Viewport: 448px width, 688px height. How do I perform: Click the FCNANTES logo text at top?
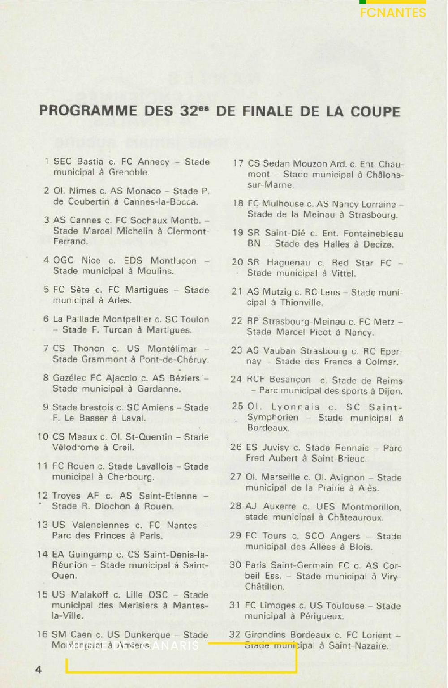pos(393,13)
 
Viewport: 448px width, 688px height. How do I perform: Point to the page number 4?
pos(39,669)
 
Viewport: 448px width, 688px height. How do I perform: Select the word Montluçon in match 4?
pos(173,261)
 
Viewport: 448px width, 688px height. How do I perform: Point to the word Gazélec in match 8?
pos(70,378)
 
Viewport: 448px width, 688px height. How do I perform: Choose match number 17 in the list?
pos(237,164)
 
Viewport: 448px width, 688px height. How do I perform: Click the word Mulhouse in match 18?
pos(283,204)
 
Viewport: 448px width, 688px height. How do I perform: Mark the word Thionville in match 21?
pos(301,303)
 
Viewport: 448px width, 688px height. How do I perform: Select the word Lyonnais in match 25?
pos(295,407)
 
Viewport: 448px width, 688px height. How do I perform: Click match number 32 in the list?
pos(235,635)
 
